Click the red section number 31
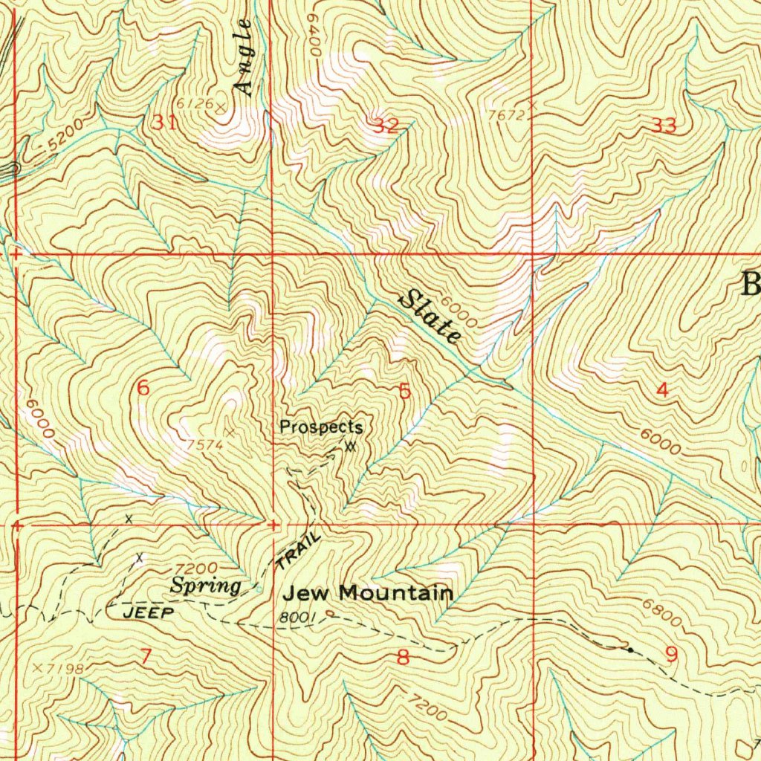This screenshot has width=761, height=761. pyautogui.click(x=164, y=123)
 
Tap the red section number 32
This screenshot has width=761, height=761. pyautogui.click(x=386, y=126)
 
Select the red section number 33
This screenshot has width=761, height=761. pyautogui.click(x=664, y=126)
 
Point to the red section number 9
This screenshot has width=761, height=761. pyautogui.click(x=672, y=655)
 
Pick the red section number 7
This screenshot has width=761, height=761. pyautogui.click(x=146, y=655)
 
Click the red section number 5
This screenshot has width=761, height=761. pyautogui.click(x=405, y=392)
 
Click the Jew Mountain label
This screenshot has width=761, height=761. pyautogui.click(x=369, y=593)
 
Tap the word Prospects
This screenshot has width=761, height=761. pyautogui.click(x=321, y=427)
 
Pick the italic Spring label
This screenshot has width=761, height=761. pyautogui.click(x=206, y=586)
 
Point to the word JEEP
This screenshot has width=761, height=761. pyautogui.click(x=147, y=613)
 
